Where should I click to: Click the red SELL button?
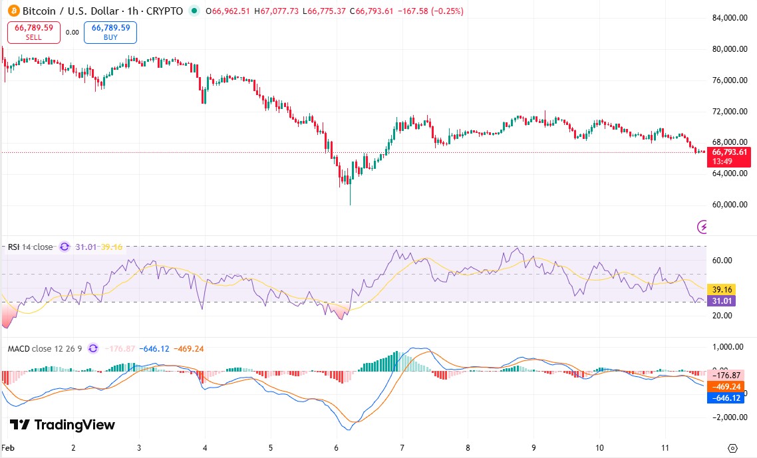33,32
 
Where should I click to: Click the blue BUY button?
110,32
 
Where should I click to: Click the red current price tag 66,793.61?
730,152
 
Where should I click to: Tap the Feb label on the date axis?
9,448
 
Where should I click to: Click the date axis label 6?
337,448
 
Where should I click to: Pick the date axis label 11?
665,448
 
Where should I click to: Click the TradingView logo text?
63,425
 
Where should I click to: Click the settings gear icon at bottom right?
732,448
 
